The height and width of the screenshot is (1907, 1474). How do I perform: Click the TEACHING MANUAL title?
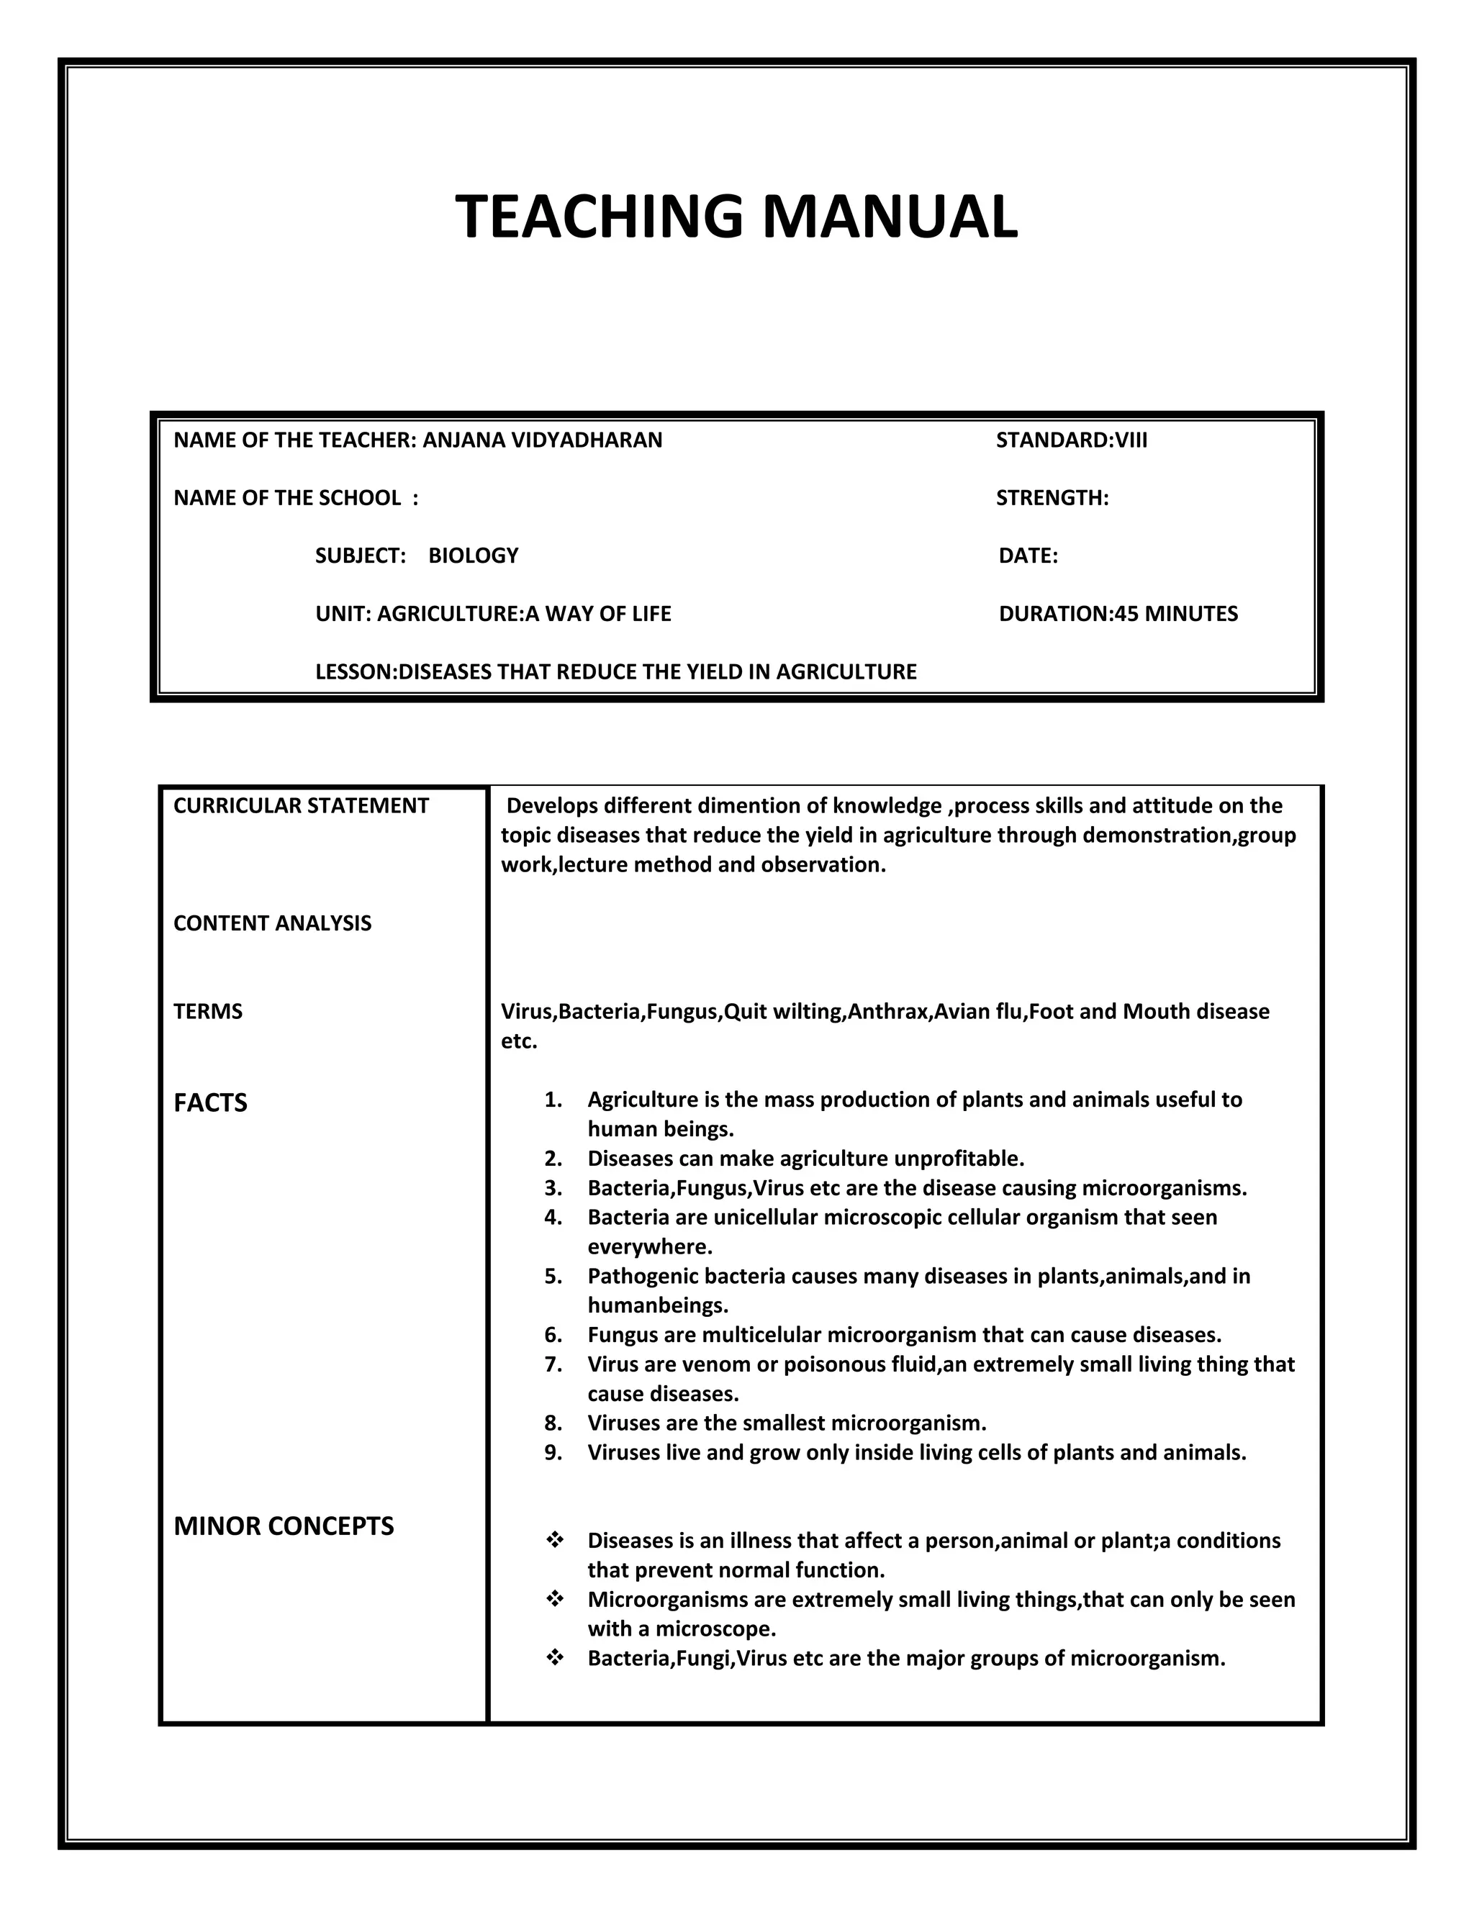tap(736, 216)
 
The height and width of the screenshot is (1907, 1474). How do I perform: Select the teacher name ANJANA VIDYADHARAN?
tap(542, 440)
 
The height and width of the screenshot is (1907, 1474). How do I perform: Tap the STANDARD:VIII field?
tap(1072, 440)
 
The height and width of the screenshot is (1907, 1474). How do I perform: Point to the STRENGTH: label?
tap(1052, 498)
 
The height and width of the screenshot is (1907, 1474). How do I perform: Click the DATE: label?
tap(1028, 556)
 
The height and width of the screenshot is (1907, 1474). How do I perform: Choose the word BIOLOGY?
tap(474, 556)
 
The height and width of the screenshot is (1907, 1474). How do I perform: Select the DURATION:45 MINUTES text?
tap(1118, 614)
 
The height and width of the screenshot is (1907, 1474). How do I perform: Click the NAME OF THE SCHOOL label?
tap(295, 498)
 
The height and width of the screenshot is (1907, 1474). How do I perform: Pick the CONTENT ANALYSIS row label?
tap(273, 924)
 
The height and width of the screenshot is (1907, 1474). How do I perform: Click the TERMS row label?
tap(208, 1012)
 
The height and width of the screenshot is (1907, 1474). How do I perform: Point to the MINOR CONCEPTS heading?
tap(284, 1526)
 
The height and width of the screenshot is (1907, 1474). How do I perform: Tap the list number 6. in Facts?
tap(553, 1335)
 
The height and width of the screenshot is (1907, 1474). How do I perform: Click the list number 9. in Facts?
tap(553, 1453)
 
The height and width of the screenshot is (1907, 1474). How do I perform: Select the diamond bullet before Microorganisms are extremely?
tap(554, 1600)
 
